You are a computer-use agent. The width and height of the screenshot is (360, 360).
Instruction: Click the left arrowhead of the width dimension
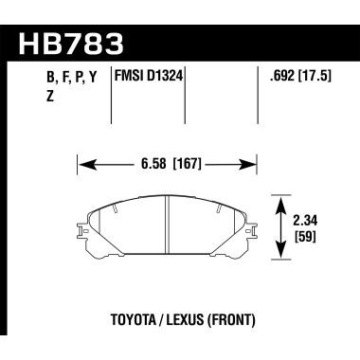[x=81, y=164]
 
